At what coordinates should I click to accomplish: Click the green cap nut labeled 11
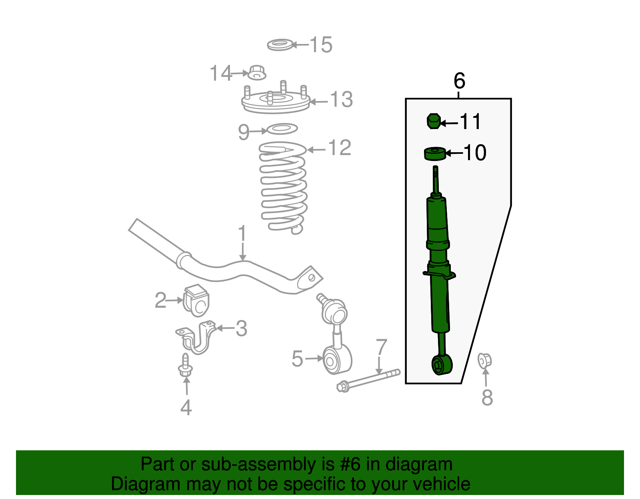pos(433,121)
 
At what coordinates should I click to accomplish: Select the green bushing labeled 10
pos(434,153)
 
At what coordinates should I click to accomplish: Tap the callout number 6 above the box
pos(459,81)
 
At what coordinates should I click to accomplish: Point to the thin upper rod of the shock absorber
pos(436,180)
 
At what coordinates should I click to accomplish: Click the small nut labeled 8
pos(484,361)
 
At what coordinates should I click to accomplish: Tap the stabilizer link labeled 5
pos(337,352)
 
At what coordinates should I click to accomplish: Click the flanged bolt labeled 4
pos(185,366)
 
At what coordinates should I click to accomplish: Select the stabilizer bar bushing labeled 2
pos(196,300)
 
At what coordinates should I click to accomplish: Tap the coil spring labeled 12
pos(283,188)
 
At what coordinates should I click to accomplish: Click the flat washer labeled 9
pos(282,129)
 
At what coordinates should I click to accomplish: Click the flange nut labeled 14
pos(257,73)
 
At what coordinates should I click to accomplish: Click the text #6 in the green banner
pos(350,465)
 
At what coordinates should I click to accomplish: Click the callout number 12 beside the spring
pos(340,148)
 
